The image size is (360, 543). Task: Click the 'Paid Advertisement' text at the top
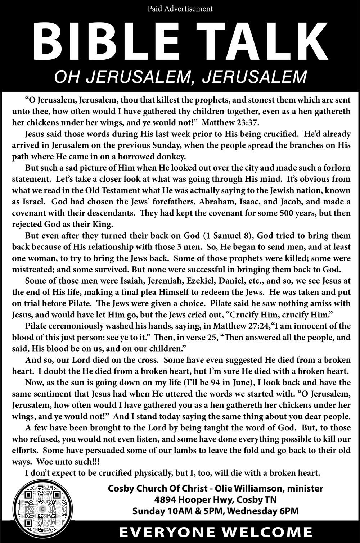tap(180, 8)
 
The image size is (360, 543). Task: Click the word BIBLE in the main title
tap(104, 42)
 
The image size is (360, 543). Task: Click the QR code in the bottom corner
tap(42, 511)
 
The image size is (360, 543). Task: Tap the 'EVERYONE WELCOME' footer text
tap(216, 532)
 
